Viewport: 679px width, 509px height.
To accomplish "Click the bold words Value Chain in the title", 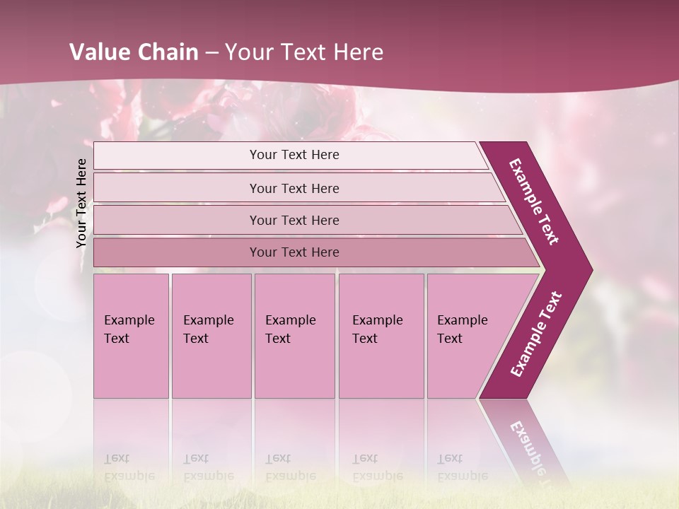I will [134, 52].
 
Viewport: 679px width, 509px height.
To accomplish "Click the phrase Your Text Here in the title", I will [304, 52].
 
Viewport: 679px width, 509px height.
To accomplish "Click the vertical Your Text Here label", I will [81, 203].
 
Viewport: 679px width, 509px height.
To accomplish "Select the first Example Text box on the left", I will [131, 336].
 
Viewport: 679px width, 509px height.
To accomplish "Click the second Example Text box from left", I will [211, 336].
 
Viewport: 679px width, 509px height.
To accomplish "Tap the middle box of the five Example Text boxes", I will [294, 336].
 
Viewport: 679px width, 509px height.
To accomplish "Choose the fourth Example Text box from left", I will [381, 336].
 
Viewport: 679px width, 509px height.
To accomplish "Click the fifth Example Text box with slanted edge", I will [467, 336].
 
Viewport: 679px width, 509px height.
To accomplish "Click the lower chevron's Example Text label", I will [536, 334].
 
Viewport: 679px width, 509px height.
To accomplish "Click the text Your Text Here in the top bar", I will [294, 155].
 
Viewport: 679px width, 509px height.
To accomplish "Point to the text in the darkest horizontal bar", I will [294, 252].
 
